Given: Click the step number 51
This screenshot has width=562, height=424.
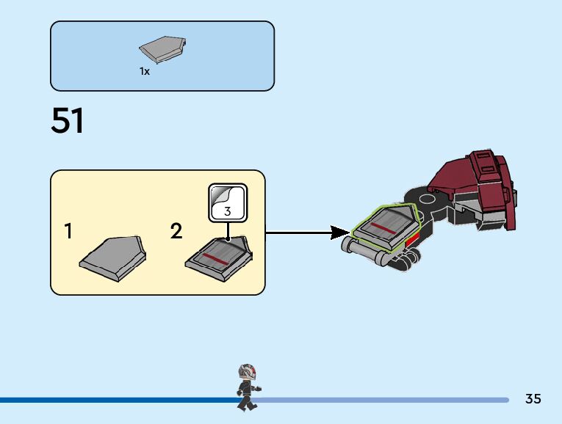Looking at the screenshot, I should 68,121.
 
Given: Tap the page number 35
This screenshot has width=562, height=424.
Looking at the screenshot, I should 533,399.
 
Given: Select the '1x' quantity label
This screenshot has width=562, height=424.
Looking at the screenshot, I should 145,72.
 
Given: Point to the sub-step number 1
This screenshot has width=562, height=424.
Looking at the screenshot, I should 68,232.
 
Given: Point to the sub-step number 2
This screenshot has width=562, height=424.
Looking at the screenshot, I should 176,232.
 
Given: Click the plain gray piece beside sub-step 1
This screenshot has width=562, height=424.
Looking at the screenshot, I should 113,257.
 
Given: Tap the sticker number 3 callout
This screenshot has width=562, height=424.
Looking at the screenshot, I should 228,211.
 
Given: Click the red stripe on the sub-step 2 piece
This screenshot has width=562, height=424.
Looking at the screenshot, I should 215,259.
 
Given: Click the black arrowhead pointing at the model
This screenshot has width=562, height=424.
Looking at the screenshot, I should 339,233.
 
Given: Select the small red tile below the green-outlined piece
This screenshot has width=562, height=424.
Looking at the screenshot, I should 414,239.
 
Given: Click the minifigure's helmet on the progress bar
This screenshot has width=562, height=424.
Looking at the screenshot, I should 248,371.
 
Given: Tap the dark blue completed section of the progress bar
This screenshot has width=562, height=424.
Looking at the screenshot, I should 110,400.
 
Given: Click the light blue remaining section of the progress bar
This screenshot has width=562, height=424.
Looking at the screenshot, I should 382,400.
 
